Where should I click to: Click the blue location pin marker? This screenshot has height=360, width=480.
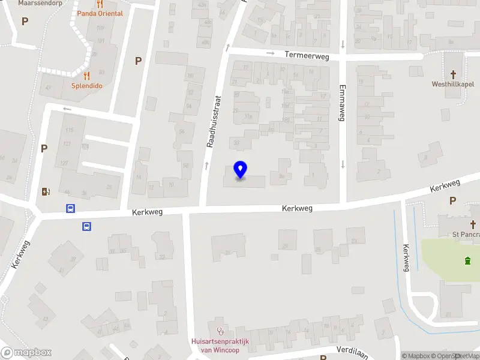241,170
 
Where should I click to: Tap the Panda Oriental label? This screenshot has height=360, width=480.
100,13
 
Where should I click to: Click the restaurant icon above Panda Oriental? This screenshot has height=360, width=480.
100,3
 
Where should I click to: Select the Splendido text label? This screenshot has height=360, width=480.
87,86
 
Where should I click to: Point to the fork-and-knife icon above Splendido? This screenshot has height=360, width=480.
87,76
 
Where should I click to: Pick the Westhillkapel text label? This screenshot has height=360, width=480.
452,84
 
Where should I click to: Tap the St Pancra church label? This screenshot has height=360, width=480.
466,234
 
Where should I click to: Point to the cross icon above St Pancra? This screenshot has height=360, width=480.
473,224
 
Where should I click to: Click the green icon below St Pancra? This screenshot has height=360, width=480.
467,260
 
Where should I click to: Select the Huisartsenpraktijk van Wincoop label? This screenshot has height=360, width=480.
220,346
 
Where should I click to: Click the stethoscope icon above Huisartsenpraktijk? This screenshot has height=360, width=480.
220,331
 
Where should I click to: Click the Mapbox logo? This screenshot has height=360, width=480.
26,353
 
